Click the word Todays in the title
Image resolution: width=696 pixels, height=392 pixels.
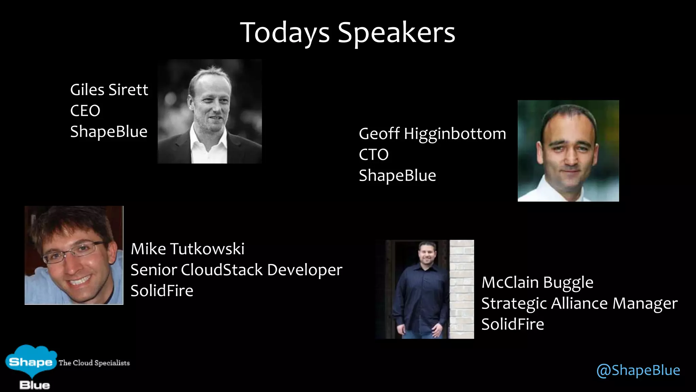click(x=285, y=33)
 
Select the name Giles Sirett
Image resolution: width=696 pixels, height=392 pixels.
click(x=109, y=90)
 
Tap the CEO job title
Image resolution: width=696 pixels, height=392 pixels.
click(x=85, y=111)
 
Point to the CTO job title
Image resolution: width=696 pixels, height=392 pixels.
click(x=373, y=155)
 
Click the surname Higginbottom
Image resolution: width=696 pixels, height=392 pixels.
click(x=455, y=134)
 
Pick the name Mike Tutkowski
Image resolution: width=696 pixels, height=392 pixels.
click(x=187, y=249)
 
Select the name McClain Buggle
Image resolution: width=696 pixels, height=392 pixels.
click(x=537, y=283)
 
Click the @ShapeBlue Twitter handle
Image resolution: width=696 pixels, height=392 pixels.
click(x=638, y=370)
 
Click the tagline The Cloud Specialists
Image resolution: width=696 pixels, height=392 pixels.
click(x=94, y=363)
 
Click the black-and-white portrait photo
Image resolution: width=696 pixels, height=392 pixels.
click(x=210, y=111)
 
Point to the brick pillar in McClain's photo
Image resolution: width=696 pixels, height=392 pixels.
click(x=462, y=289)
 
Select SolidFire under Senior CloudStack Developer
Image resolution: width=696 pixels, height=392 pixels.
click(x=162, y=291)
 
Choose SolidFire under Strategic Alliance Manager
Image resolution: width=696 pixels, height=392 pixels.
click(x=512, y=324)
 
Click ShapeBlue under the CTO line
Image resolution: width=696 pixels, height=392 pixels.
click(x=397, y=176)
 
